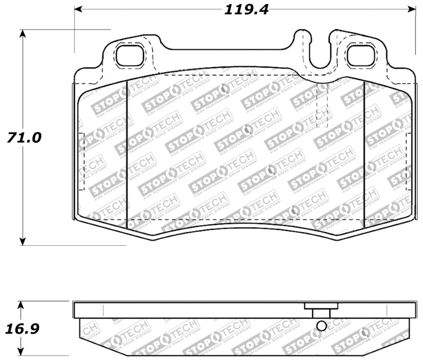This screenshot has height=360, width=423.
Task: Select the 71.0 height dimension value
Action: point(24,137)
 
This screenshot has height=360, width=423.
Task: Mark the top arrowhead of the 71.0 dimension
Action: point(22,33)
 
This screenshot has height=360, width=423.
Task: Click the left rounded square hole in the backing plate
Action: point(129,56)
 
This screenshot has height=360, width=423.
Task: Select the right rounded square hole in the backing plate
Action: point(360,56)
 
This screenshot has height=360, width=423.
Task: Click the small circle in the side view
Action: point(320,327)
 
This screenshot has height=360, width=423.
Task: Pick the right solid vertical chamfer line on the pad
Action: point(365,153)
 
